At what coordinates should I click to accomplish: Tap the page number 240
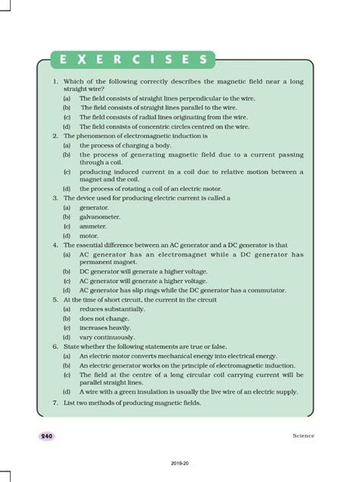(47, 436)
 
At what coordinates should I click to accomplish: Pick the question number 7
(55, 402)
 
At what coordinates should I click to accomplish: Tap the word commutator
(282, 290)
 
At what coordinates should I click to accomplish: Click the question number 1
(55, 81)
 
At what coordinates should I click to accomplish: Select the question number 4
(55, 245)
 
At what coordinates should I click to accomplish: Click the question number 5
(55, 300)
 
